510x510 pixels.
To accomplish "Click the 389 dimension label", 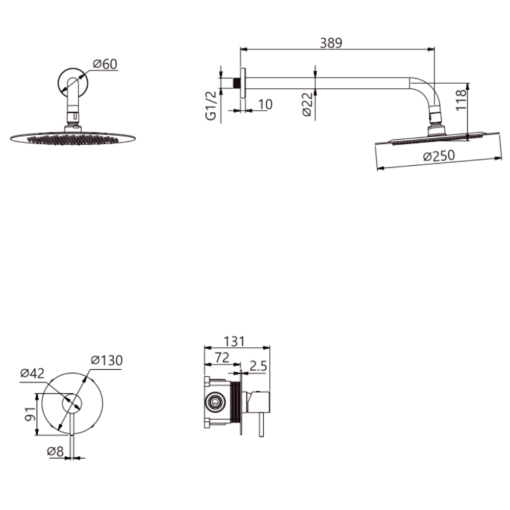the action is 331,43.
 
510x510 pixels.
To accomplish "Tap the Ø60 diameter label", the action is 105,64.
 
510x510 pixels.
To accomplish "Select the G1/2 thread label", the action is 211,106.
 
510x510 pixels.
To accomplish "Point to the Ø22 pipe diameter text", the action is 308,104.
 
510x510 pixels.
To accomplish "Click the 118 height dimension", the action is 461,100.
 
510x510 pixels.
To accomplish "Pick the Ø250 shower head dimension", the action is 439,156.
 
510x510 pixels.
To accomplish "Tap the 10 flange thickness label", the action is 265,105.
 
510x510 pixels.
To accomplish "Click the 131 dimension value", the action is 234,342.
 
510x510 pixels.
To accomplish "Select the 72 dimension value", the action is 222,358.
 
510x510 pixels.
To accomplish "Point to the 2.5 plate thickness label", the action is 258,366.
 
